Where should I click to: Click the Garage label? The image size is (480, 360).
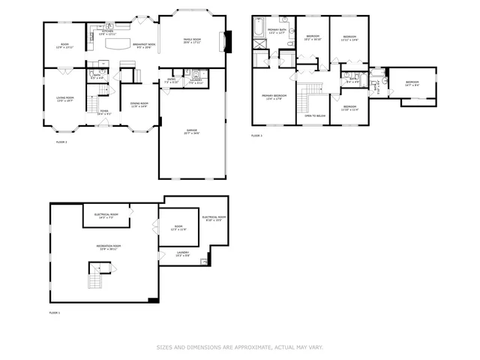coord(192,133)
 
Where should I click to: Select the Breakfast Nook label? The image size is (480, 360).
coord(144,45)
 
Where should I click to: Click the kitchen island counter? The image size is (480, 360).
coord(117,45)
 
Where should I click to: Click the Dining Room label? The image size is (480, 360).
coord(139,106)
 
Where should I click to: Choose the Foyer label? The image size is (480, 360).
coord(103,114)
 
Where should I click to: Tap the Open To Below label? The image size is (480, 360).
coord(314,116)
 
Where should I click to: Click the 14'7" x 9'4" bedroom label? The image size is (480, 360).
coord(412,84)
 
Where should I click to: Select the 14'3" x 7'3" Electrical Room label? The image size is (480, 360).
coord(106,216)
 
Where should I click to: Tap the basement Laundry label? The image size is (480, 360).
coord(182,254)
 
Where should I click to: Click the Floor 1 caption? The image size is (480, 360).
coord(54,312)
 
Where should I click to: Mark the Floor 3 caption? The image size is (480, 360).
coord(256,136)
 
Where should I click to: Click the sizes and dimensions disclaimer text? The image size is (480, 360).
coord(239,347)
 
